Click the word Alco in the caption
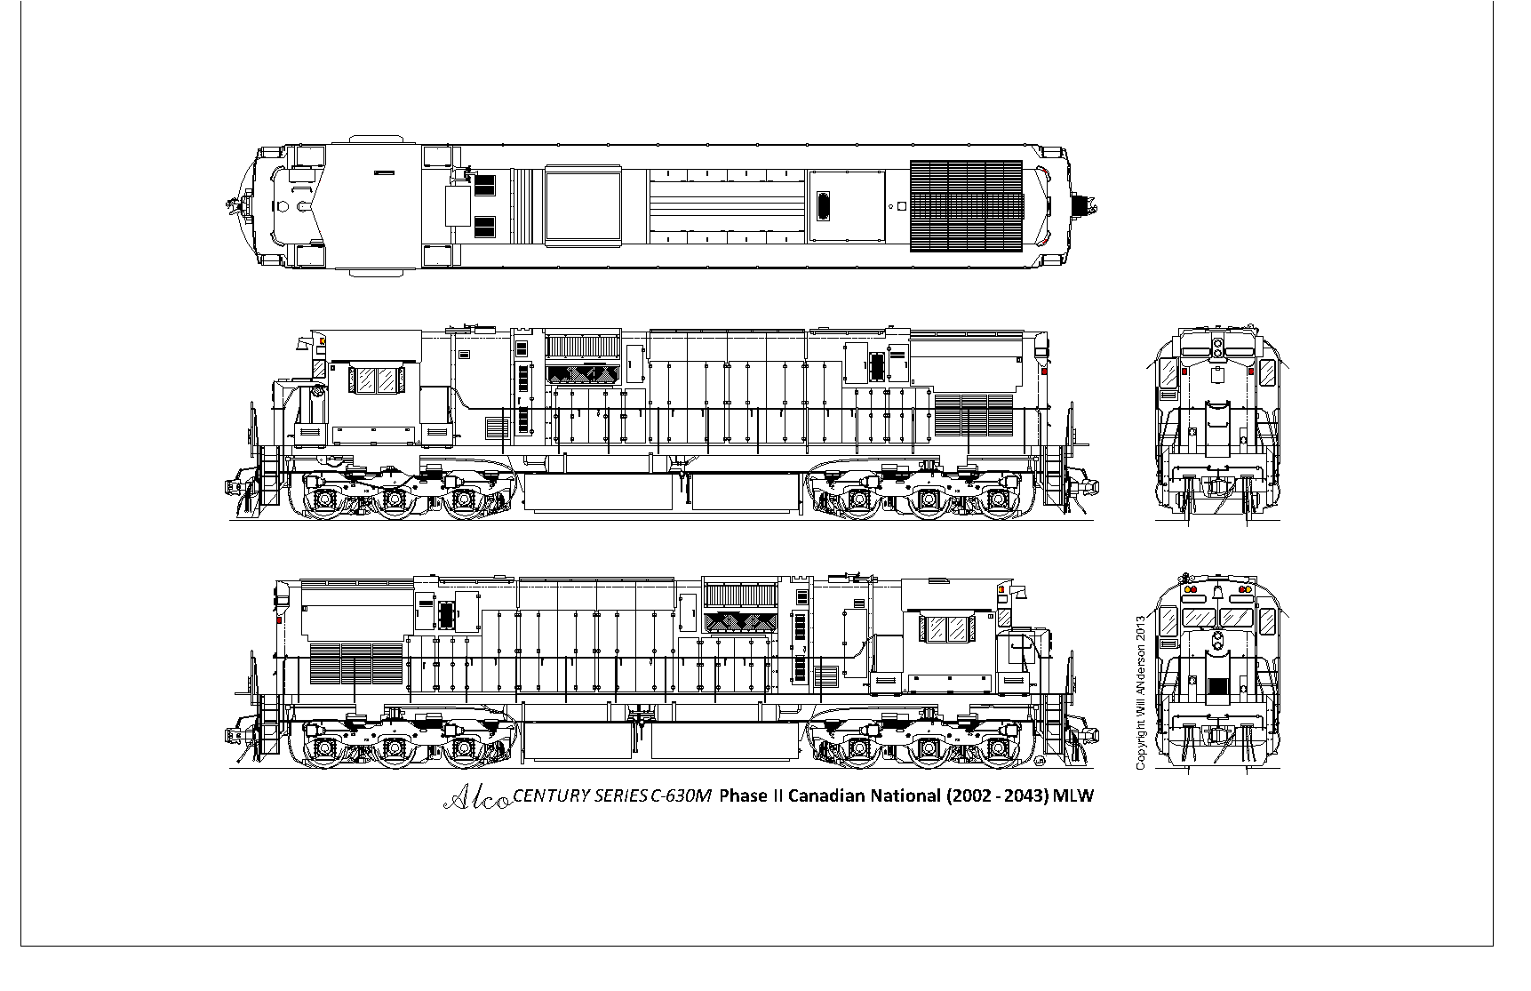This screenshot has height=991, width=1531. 476,798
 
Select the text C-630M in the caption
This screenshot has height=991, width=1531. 681,795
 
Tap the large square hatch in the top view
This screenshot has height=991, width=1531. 582,206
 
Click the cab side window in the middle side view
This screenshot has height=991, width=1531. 378,380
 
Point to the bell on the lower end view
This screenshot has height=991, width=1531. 1217,590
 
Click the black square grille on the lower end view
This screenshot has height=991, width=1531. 1217,686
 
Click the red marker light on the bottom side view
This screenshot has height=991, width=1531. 278,619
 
